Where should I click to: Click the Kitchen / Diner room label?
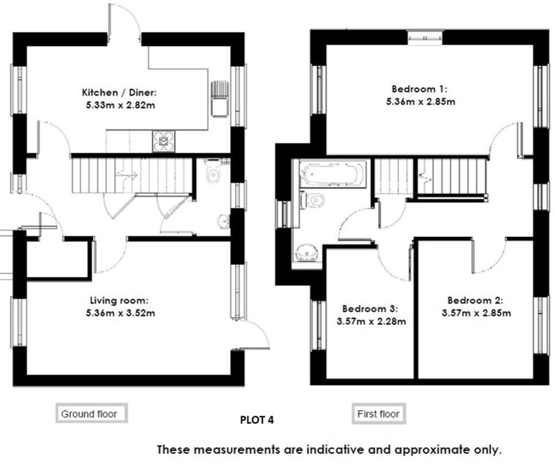(119, 93)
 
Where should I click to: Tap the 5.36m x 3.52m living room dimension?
(120, 313)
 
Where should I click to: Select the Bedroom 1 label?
(420, 89)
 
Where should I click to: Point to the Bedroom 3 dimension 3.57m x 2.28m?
(371, 321)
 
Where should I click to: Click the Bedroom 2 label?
(475, 300)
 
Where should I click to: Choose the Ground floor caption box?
(91, 413)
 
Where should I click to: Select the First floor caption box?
(379, 414)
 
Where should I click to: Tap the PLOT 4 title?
(257, 420)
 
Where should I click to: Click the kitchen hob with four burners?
(164, 141)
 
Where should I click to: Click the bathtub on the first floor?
(333, 173)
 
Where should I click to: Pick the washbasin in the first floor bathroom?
(307, 253)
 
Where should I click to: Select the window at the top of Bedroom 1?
(425, 38)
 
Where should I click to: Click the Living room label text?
(119, 300)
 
